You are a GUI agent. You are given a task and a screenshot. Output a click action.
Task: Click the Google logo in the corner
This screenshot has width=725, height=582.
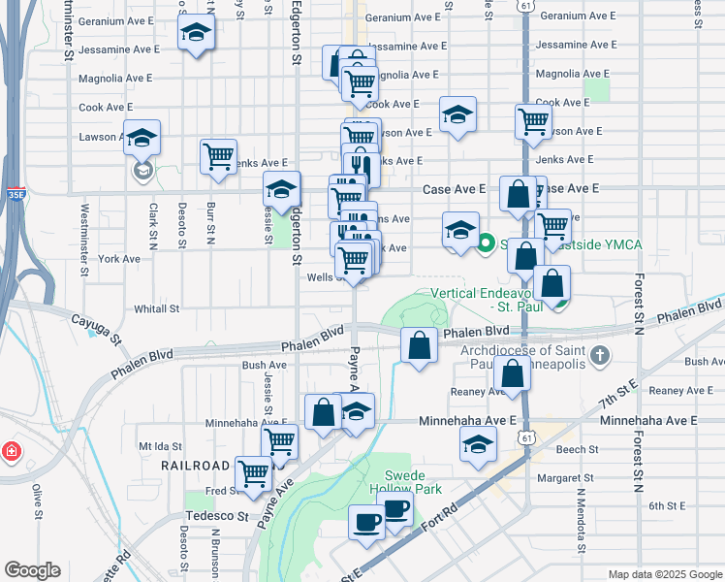click(x=32, y=570)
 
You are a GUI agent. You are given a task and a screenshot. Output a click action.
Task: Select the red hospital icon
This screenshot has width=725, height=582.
click(x=11, y=451)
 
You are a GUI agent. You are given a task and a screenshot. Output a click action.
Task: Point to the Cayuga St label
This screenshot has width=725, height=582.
click(x=101, y=328)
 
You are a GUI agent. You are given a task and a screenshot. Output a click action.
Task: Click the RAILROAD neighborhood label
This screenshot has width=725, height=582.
click(x=195, y=466)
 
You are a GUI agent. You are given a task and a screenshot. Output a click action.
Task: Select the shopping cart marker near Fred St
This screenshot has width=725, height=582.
click(x=254, y=474)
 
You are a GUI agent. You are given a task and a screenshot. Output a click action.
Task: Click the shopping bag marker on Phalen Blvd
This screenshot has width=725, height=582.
click(x=418, y=347)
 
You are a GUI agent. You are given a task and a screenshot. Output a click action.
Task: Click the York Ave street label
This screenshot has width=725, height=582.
click(x=118, y=259)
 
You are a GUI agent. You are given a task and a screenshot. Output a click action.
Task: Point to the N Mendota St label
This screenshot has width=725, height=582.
click(x=580, y=522)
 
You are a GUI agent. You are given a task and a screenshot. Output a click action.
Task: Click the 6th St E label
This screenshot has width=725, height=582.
click(x=668, y=505)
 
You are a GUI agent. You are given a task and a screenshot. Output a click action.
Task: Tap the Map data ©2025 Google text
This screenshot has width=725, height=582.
click(x=665, y=574)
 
